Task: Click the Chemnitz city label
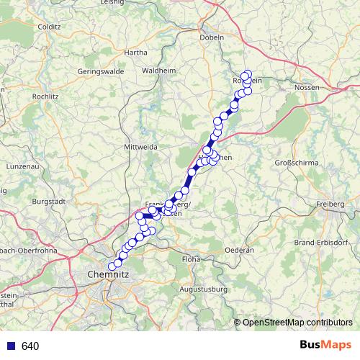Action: point(107,274)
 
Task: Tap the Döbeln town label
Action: point(213,37)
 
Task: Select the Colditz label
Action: point(48,27)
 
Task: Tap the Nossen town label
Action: point(307,87)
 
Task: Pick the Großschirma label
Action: point(297,163)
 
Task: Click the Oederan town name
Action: point(240,249)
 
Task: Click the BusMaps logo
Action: point(325,346)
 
